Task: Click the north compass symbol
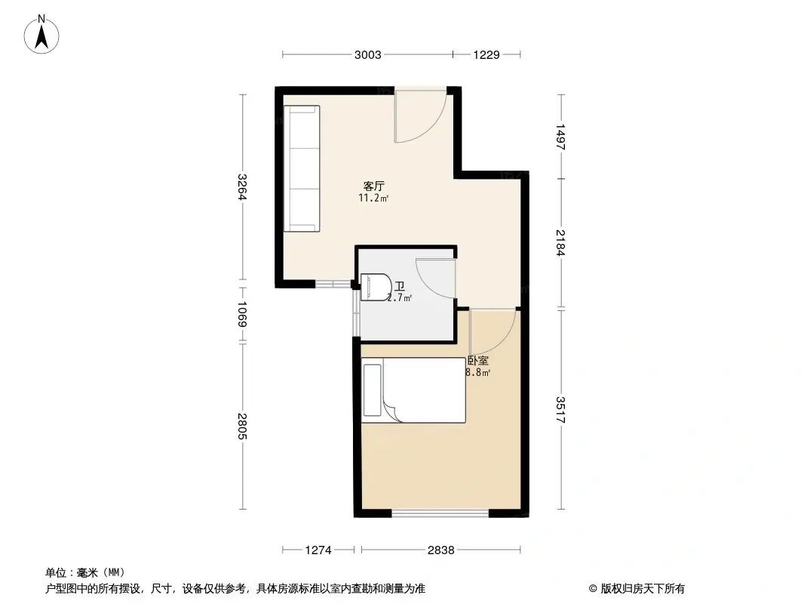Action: coord(43,34)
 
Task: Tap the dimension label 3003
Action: coord(367,54)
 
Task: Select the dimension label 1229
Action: coord(486,54)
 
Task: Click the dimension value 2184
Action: coord(560,243)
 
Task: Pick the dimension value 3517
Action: coord(560,409)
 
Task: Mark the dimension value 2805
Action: coord(242,427)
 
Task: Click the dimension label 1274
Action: coord(318,550)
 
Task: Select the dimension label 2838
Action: coord(440,550)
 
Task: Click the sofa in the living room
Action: coord(302,169)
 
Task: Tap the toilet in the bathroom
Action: coord(375,287)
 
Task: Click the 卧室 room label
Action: coord(477,361)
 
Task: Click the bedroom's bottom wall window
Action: coord(440,513)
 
